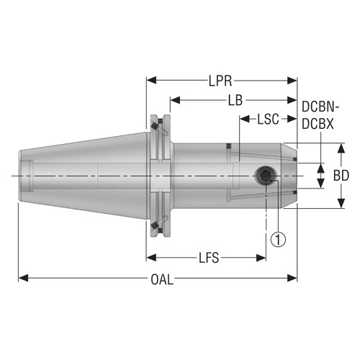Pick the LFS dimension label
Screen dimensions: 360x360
coord(206,257)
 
